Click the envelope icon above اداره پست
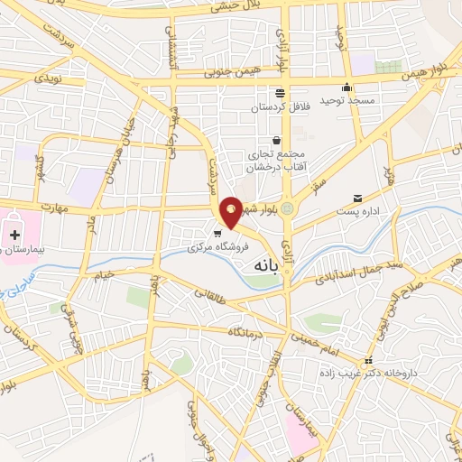358,199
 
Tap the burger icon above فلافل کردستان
281,93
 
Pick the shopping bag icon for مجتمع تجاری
276,141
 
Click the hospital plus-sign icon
14,235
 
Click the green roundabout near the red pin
288,208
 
